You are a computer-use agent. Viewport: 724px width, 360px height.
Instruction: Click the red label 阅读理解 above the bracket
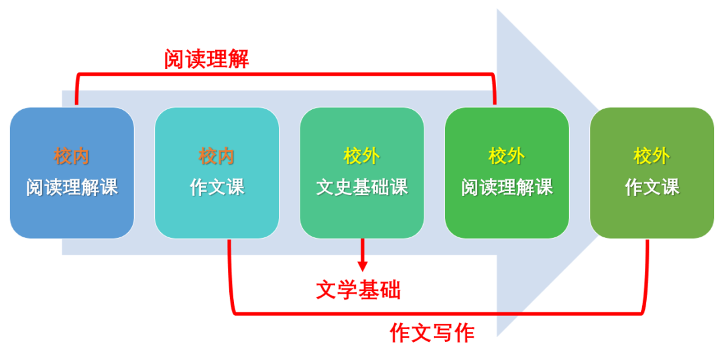tap(206, 59)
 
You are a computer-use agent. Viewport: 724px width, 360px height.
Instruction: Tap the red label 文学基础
tap(358, 290)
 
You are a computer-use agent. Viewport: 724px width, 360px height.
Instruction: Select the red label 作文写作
tap(432, 333)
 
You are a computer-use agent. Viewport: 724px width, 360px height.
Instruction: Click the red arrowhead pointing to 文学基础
tap(363, 265)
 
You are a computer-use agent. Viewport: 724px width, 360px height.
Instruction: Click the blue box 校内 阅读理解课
tap(72, 173)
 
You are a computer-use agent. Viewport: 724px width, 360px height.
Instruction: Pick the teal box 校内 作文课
tap(217, 173)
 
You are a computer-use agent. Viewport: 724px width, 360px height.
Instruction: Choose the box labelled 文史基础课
tap(362, 173)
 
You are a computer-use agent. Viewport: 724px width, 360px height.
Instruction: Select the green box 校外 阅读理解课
tap(507, 173)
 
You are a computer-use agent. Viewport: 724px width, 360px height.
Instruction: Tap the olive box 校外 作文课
tap(652, 173)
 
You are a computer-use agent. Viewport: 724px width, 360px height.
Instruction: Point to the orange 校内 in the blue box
tap(72, 157)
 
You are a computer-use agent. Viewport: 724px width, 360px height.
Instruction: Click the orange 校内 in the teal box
tap(217, 157)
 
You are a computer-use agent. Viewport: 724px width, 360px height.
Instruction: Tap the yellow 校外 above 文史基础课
tap(362, 157)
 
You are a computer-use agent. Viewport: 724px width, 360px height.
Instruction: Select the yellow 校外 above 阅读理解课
tap(507, 157)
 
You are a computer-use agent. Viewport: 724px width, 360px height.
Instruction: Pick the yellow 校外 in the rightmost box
tap(652, 157)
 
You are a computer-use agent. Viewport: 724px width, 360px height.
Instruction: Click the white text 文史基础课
tap(362, 188)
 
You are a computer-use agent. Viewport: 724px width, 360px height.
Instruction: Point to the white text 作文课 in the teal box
tap(217, 188)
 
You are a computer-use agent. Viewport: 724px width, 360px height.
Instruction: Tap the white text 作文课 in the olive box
tap(652, 188)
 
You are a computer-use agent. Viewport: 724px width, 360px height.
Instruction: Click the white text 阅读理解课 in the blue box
tap(72, 188)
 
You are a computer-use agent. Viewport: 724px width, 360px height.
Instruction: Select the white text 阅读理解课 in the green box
tap(507, 188)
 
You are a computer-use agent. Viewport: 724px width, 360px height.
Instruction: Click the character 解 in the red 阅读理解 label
tap(239, 59)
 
